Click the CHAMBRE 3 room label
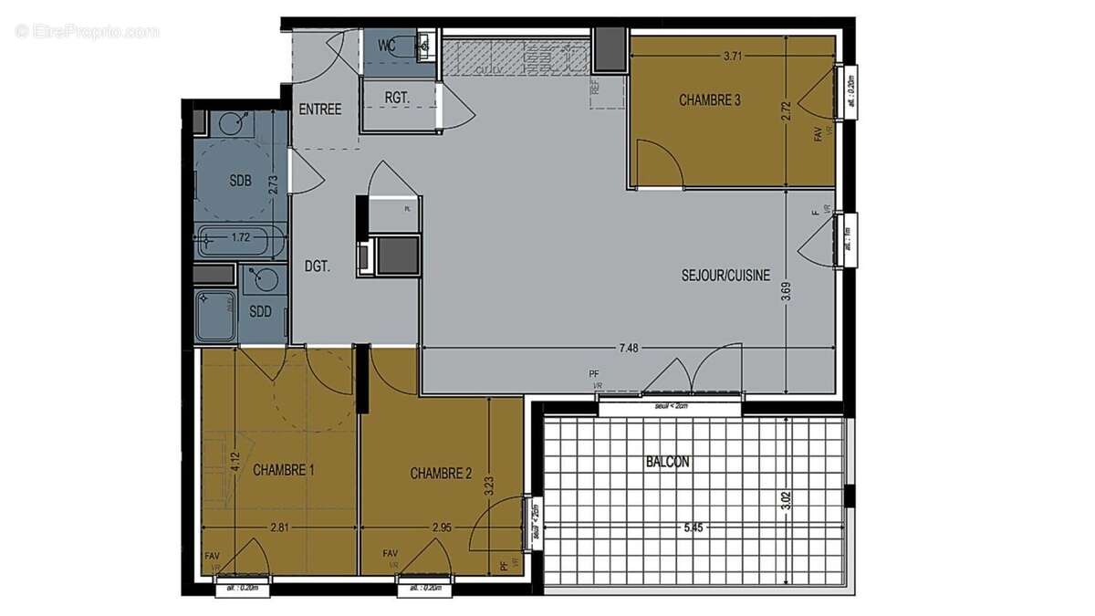[x=709, y=100]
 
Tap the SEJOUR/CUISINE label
[x=725, y=275]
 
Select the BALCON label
[x=667, y=463]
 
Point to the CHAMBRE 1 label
[x=284, y=471]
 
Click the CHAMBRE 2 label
[x=441, y=474]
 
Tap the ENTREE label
[x=320, y=110]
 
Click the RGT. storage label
[x=397, y=97]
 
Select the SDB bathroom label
[x=240, y=180]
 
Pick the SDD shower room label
[x=261, y=311]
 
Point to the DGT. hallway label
[x=317, y=267]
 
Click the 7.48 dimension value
[x=630, y=348]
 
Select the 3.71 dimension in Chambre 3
[x=732, y=56]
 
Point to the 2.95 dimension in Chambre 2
[x=442, y=527]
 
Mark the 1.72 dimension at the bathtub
[x=240, y=238]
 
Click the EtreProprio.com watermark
[x=88, y=31]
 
